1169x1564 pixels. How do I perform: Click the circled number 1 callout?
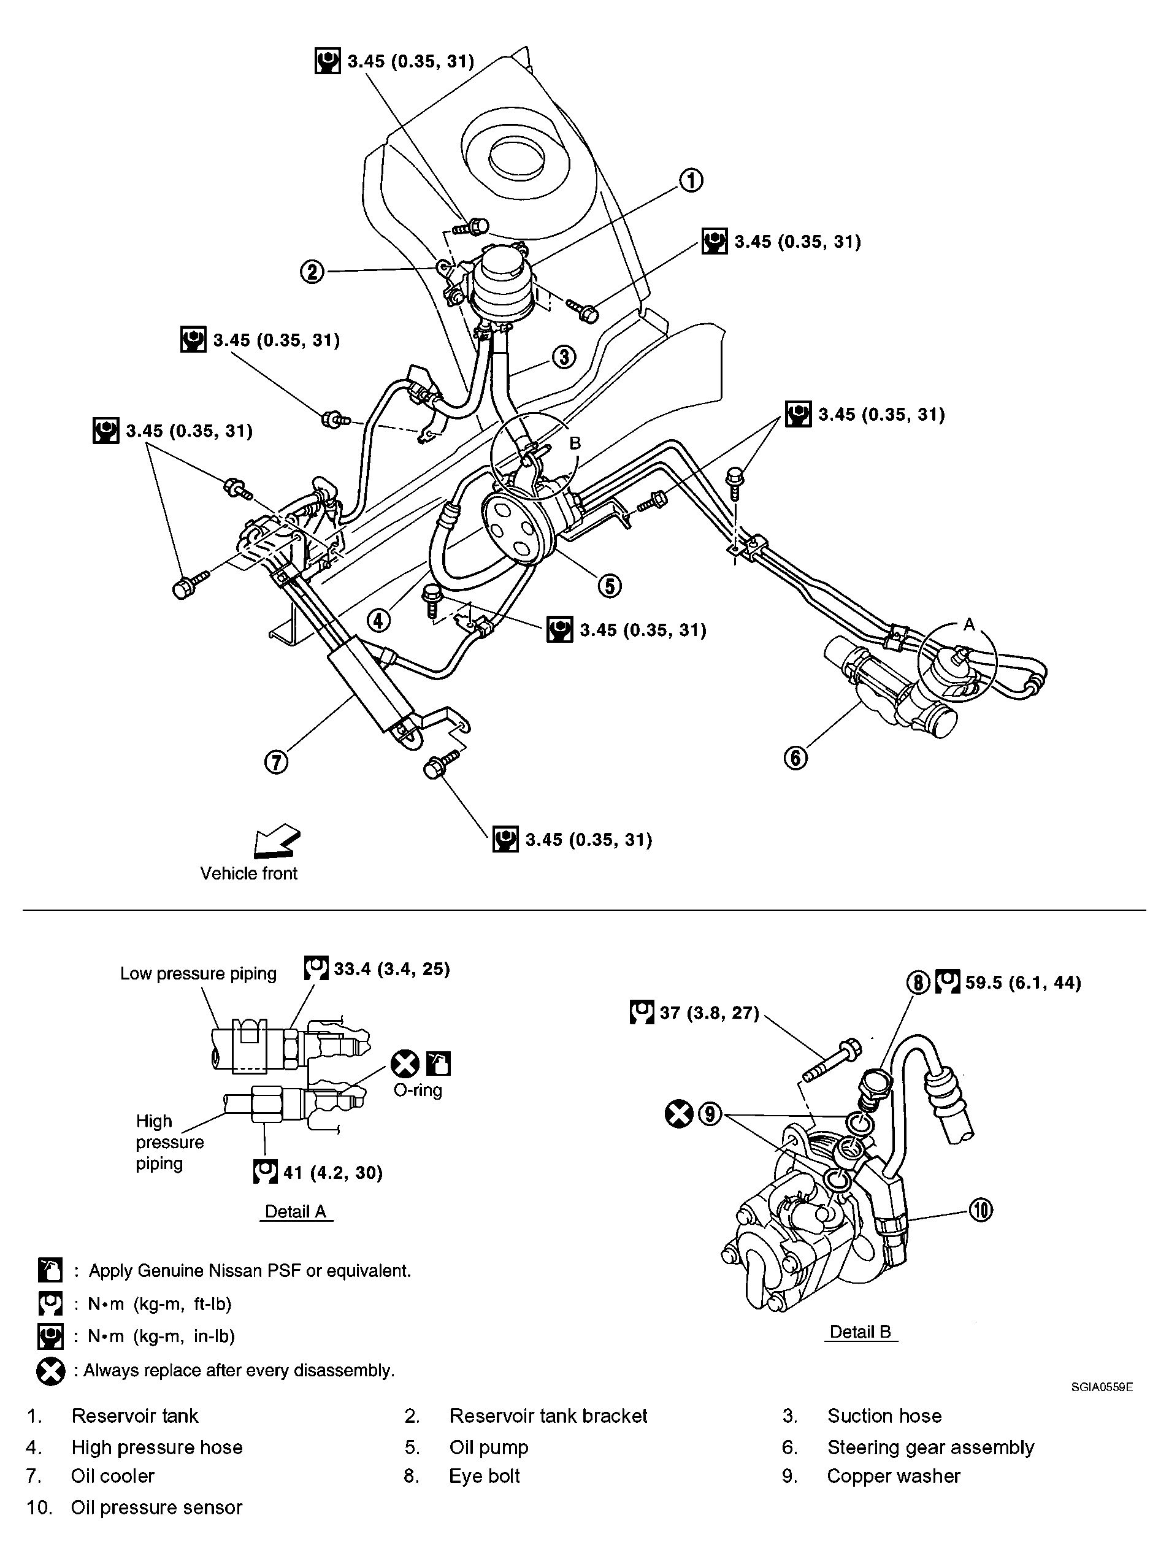click(691, 180)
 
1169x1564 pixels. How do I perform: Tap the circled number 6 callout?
click(795, 758)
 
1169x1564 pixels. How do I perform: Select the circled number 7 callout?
click(276, 762)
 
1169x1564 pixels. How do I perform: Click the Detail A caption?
click(296, 1212)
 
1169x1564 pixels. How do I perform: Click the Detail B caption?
click(860, 1332)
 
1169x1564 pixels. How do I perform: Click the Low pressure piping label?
click(198, 973)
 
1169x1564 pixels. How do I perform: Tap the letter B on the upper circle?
click(575, 443)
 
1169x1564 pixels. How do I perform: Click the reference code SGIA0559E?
click(1101, 1387)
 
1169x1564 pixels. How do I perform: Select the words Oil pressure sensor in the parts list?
click(156, 1508)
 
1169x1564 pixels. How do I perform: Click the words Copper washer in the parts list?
click(893, 1476)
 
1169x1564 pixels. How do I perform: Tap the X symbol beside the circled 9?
click(679, 1115)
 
